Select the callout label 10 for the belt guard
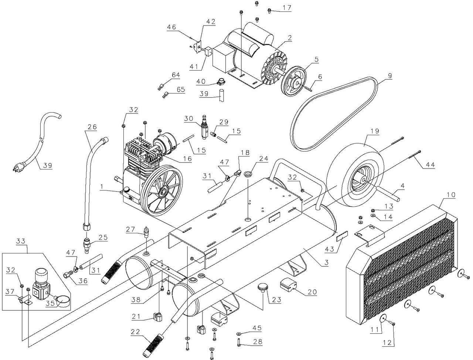click(x=452, y=195)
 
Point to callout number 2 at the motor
click(x=290, y=37)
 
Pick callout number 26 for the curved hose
click(x=92, y=127)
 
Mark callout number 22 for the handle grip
click(x=135, y=332)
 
